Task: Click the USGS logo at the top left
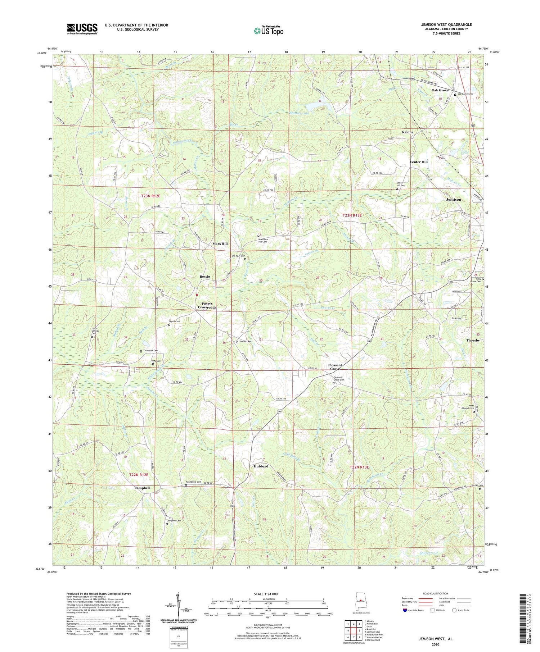point(82,29)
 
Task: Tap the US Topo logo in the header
point(268,31)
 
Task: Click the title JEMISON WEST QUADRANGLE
point(446,24)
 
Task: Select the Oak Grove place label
point(440,90)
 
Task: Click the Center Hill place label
point(418,162)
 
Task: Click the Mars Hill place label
point(220,244)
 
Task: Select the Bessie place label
point(204,277)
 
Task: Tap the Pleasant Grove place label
point(335,367)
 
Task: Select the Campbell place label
point(142,488)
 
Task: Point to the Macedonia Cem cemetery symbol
point(186,485)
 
